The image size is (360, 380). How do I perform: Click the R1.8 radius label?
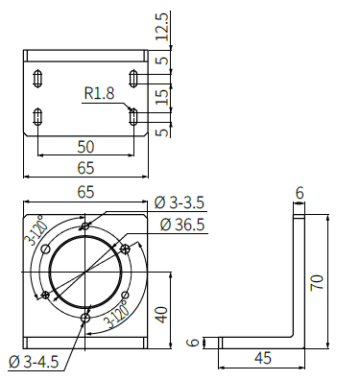tap(99, 94)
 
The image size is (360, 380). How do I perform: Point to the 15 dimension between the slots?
tap(162, 97)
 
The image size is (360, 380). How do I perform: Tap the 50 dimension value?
tap(85, 147)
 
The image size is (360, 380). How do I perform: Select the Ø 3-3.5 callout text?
tap(180, 202)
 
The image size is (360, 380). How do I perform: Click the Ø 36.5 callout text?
tap(183, 224)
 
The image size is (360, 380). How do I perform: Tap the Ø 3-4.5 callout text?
tap(33, 361)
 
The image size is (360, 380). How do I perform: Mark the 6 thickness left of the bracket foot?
tap(192, 342)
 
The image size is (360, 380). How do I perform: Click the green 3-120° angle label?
tap(39, 233)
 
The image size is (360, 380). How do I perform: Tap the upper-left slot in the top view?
tap(37, 78)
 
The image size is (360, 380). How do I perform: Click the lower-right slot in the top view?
tap(133, 116)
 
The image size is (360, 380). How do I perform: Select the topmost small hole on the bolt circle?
tap(86, 226)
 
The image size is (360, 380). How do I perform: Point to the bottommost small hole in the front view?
tap(86, 317)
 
